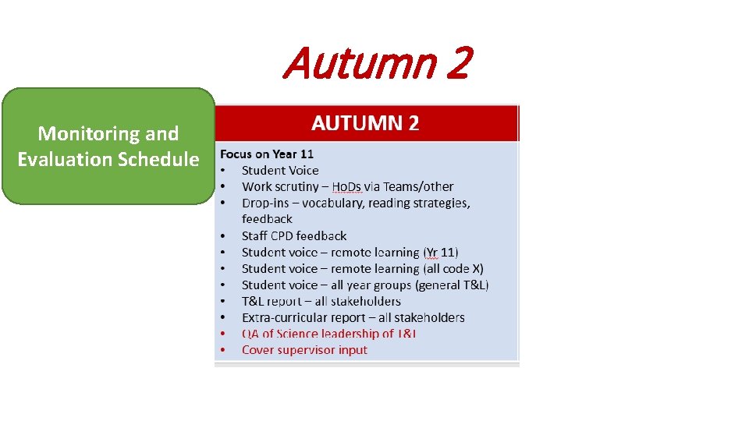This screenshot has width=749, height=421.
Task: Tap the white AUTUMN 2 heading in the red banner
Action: point(365,122)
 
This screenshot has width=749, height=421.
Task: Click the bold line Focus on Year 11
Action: point(267,154)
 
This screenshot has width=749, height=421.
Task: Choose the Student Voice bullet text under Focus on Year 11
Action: point(280,170)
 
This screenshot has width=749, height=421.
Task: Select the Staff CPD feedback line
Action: point(294,235)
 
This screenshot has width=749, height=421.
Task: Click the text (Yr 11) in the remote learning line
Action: point(441,252)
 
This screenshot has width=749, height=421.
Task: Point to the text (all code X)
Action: point(453,268)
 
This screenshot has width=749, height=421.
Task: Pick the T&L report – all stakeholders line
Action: point(321,301)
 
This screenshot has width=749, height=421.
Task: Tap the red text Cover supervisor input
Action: point(304,350)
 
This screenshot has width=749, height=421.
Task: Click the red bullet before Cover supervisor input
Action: point(223,350)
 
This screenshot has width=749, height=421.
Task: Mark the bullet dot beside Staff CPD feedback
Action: point(223,235)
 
